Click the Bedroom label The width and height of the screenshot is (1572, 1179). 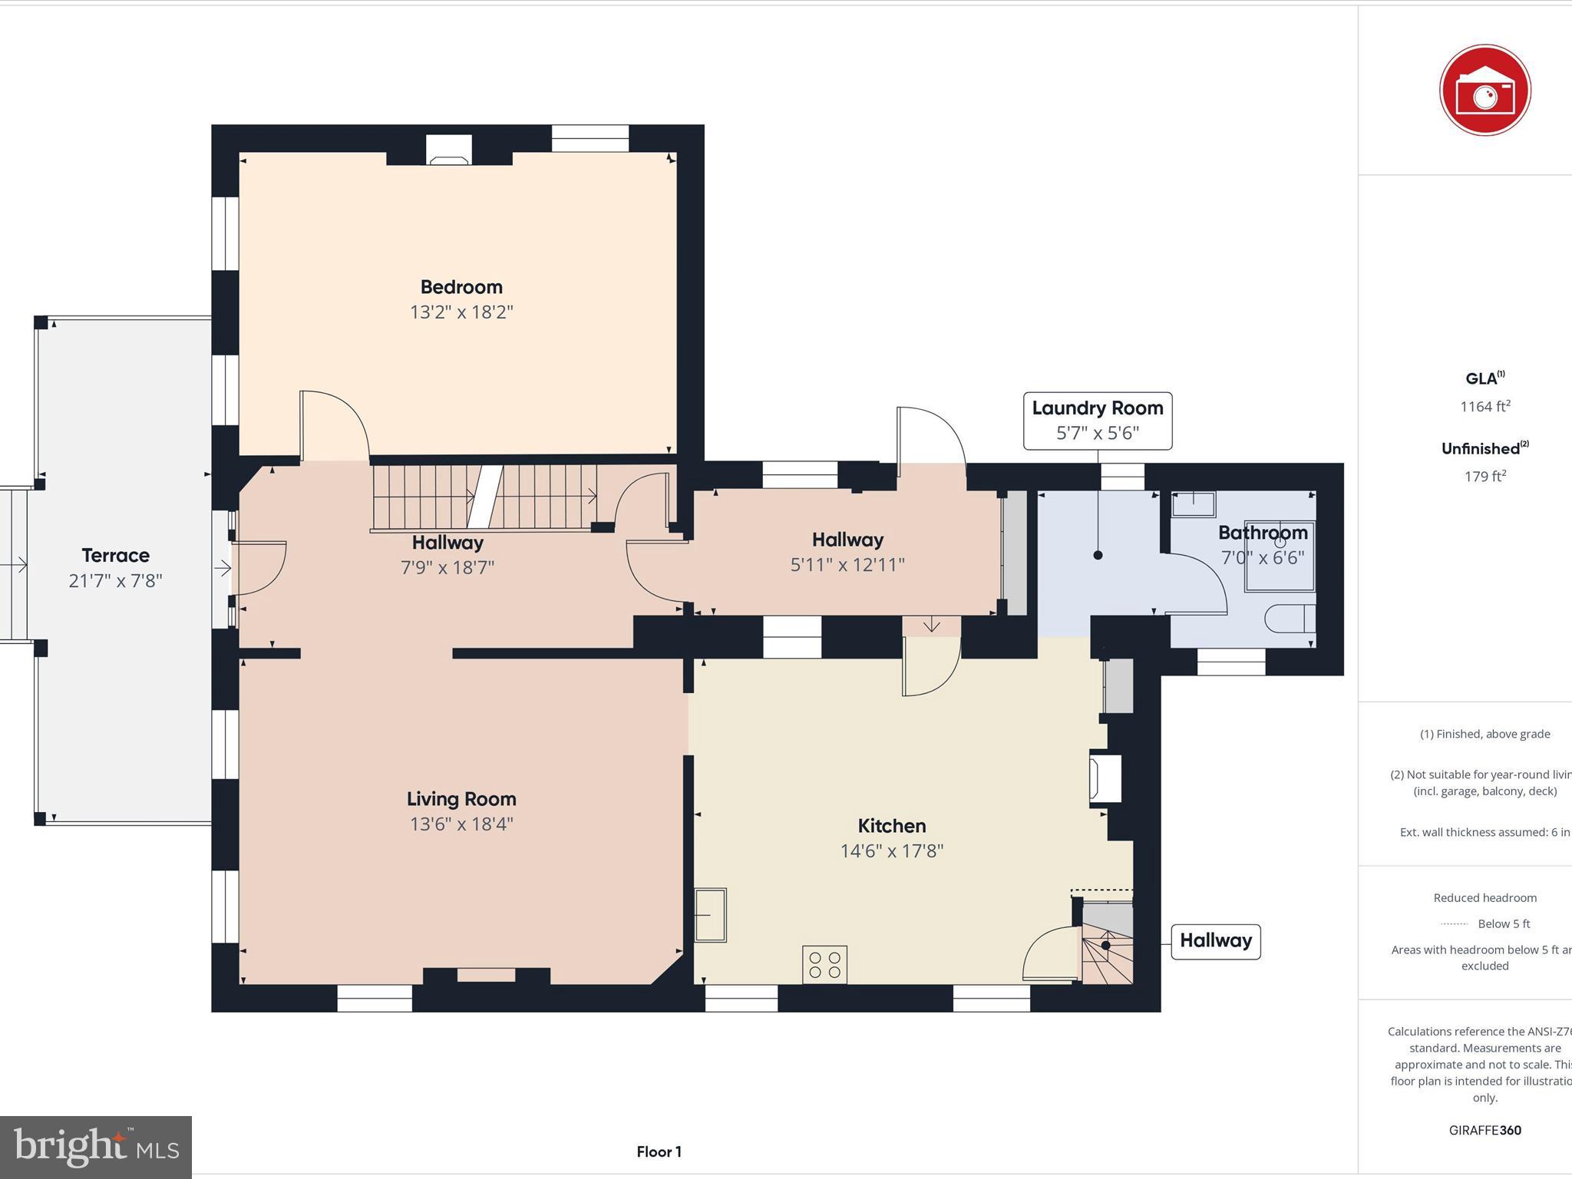(x=461, y=287)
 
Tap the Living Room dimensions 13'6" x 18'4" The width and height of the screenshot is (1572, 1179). (x=461, y=824)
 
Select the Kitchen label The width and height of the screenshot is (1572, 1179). (x=891, y=826)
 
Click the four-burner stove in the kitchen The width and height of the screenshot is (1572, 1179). (x=824, y=964)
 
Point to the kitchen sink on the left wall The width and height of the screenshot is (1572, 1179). (x=710, y=915)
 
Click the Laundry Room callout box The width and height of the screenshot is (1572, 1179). (x=1097, y=421)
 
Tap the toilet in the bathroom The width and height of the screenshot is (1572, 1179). (x=1290, y=618)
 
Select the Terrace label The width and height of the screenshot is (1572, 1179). (x=116, y=555)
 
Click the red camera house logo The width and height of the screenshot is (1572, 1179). (x=1484, y=91)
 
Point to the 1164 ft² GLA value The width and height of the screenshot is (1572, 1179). (x=1484, y=407)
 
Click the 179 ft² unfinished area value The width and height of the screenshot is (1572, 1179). (x=1484, y=477)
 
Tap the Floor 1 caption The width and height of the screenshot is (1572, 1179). (x=659, y=1151)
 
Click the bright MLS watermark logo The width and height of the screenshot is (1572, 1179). (x=96, y=1147)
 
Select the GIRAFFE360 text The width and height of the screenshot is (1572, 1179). (x=1484, y=1130)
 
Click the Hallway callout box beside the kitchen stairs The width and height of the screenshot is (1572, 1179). (x=1215, y=941)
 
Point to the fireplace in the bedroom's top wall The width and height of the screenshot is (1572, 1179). (x=449, y=151)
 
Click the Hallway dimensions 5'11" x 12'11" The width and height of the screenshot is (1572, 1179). (x=847, y=565)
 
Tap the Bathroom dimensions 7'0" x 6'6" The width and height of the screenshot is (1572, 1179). (x=1262, y=558)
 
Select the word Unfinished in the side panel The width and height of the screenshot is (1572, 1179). (x=1480, y=449)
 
